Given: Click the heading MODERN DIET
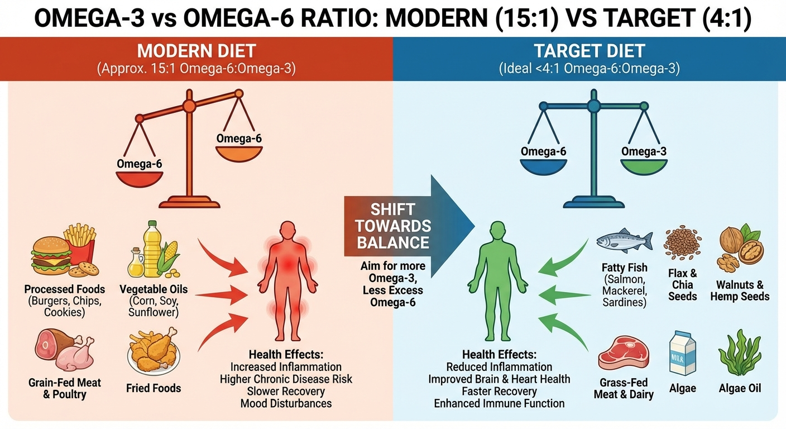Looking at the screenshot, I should click(x=196, y=51).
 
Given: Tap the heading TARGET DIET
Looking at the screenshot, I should click(x=589, y=51).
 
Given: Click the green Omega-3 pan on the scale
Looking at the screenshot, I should click(x=643, y=166).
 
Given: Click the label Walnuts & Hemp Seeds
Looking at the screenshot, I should click(x=740, y=290).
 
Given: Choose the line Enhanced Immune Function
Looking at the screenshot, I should click(x=499, y=403).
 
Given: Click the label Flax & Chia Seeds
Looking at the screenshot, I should click(x=682, y=284).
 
